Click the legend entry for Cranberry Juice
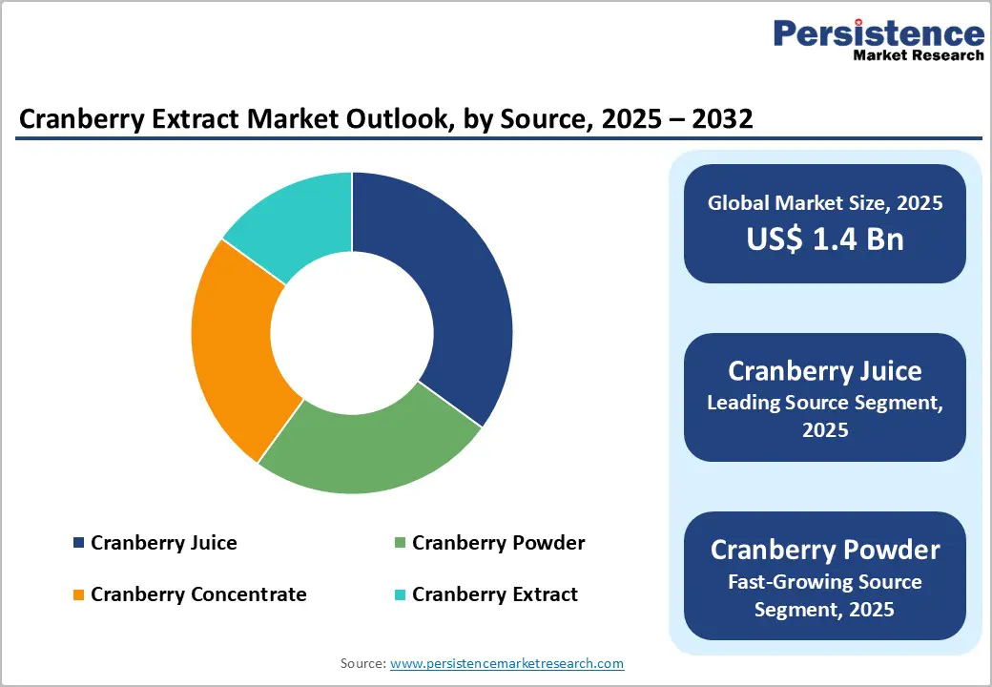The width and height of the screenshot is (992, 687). click(163, 543)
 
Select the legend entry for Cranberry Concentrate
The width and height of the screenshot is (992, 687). click(198, 594)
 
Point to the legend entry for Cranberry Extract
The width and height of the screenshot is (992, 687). click(494, 594)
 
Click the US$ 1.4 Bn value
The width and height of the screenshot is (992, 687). click(825, 239)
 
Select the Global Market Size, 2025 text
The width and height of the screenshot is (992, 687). click(825, 202)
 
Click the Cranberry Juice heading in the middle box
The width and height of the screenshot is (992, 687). click(825, 370)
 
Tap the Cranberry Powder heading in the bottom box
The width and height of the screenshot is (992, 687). click(825, 550)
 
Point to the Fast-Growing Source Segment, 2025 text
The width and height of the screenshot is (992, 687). click(825, 594)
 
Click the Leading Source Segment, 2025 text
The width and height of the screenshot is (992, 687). click(825, 416)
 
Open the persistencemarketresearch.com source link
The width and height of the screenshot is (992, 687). click(506, 663)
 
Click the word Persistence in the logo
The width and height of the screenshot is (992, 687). click(878, 34)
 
